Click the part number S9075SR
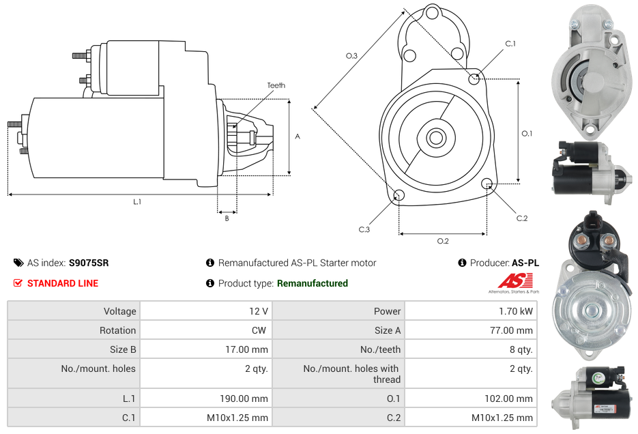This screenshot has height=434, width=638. tap(89, 263)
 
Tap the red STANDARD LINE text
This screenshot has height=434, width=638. tap(62, 283)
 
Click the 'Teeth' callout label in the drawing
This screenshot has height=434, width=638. tap(276, 85)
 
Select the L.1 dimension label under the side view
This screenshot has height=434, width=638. tap(137, 202)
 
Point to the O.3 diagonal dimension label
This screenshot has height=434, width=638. tap(351, 55)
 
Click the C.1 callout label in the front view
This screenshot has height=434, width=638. tap(510, 44)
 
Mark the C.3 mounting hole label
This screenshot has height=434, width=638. tap(364, 230)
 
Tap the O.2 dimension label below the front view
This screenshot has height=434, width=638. tap(442, 241)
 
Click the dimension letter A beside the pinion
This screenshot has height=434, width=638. tap(297, 136)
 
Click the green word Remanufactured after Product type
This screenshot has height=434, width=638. tap(312, 283)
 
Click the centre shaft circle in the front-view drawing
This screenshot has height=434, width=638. tap(435, 138)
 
